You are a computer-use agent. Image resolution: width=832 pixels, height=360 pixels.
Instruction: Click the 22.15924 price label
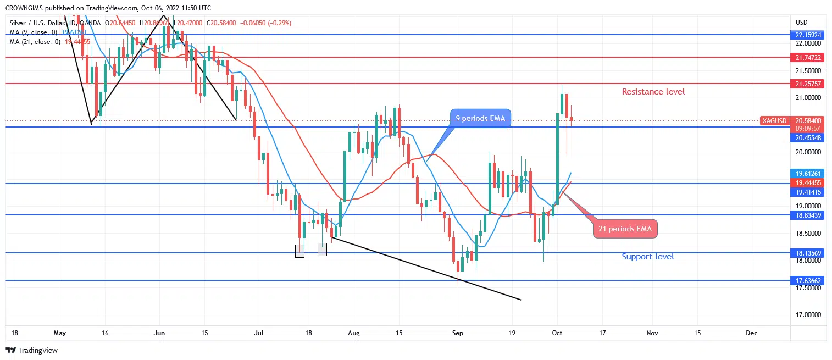(808, 35)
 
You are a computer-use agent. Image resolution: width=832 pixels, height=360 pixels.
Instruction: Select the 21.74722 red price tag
(808, 57)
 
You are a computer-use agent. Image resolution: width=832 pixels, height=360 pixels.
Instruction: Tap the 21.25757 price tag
(808, 84)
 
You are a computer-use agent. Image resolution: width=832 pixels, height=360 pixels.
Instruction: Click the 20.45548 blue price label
(808, 137)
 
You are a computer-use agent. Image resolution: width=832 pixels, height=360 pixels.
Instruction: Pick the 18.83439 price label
(808, 215)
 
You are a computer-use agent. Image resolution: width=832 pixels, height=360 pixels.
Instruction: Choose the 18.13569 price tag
(808, 253)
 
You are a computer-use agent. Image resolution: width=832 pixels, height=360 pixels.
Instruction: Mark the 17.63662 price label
(808, 280)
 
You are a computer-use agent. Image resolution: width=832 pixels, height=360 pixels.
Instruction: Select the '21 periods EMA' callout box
(625, 229)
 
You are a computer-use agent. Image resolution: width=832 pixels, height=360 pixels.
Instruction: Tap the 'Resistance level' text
(653, 92)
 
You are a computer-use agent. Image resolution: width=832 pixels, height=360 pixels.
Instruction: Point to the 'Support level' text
(648, 257)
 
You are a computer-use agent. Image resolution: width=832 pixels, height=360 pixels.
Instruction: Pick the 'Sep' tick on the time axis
(457, 333)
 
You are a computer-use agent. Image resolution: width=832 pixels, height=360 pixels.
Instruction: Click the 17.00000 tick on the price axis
(808, 315)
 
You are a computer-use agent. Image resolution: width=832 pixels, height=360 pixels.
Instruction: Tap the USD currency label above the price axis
(801, 23)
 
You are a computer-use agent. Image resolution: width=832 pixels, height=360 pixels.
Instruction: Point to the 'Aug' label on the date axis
(354, 333)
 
